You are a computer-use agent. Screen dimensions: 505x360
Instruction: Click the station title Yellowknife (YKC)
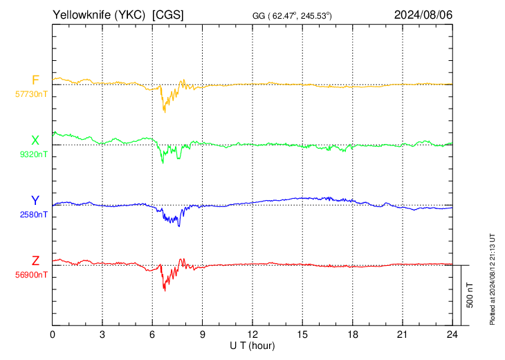99,15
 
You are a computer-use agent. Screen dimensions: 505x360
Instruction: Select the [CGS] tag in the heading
168,15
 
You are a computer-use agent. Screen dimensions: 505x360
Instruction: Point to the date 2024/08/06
423,15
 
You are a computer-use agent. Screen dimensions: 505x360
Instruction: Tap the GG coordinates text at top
292,15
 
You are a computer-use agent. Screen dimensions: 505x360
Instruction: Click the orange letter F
35,80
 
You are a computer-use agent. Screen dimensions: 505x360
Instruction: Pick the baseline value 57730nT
31,94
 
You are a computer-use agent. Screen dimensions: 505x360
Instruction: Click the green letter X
35,141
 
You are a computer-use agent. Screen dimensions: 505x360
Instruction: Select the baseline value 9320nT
33,154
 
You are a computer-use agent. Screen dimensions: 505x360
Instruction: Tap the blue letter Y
35,201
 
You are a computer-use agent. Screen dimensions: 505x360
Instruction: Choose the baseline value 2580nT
33,215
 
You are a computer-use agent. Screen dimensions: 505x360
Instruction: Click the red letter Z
35,261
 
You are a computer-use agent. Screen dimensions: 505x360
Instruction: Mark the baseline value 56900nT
31,275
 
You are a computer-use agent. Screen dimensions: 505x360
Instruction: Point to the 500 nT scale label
470,295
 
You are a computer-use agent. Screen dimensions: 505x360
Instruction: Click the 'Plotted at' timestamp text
492,279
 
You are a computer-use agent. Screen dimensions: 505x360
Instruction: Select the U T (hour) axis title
252,346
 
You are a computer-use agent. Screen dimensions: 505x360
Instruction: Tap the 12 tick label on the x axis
252,334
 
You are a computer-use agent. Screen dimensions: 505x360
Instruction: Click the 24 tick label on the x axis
452,334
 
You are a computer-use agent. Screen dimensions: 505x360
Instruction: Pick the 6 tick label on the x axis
152,334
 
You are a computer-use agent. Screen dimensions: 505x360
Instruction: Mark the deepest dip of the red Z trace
165,291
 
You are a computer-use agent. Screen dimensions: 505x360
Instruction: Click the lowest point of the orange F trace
165,112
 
